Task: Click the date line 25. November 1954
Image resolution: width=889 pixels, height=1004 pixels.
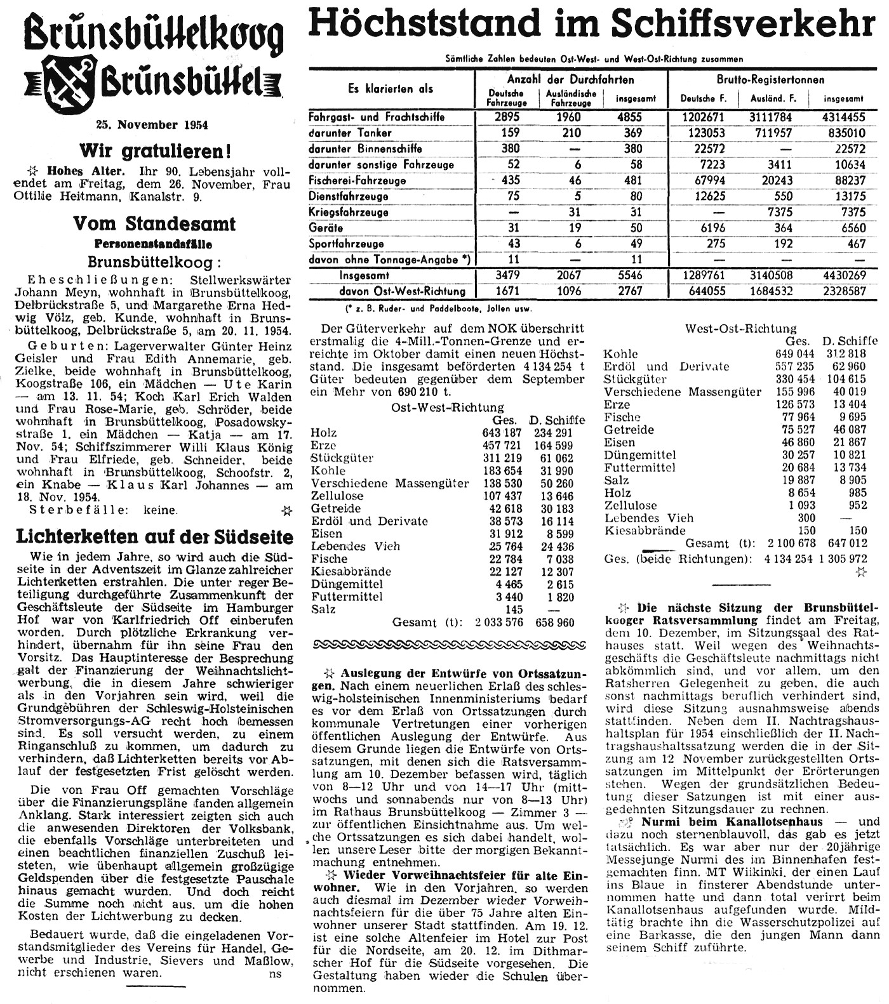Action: coord(152,125)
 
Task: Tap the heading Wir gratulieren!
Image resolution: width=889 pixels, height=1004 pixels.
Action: coord(154,151)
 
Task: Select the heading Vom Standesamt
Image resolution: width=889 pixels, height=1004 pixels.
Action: coord(154,223)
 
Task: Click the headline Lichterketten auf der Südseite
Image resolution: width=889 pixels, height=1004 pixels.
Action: coord(154,537)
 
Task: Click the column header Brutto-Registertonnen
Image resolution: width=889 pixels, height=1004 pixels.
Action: coord(771,79)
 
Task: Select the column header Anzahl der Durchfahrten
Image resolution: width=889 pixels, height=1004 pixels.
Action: coord(570,79)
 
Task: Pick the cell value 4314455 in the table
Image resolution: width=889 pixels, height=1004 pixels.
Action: coord(843,117)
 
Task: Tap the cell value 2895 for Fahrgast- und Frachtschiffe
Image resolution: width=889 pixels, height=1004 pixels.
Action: coord(506,117)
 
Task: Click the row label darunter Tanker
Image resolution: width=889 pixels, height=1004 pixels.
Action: coord(350,133)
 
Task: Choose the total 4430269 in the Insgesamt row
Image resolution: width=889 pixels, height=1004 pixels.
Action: coord(843,275)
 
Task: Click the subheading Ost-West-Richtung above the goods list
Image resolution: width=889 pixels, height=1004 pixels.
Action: coord(448,407)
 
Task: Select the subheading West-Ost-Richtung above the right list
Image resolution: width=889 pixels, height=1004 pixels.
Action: coord(740,328)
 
